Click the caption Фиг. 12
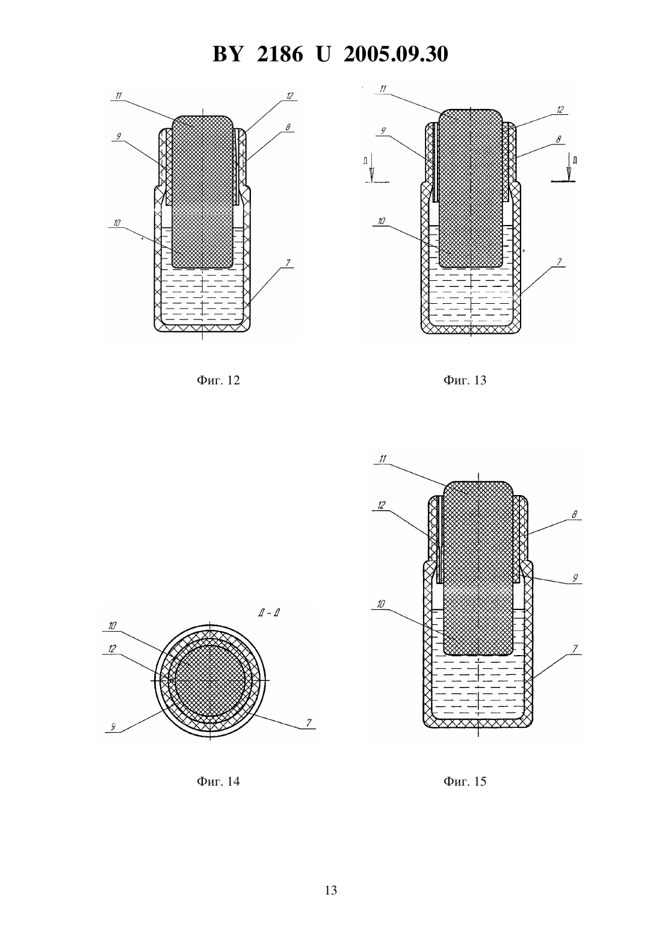[x=218, y=380]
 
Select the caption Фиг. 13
[x=465, y=380]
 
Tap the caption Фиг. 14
[x=218, y=781]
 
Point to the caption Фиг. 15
[x=465, y=781]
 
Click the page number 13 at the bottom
[x=330, y=890]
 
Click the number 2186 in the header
[x=280, y=54]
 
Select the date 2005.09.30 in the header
[x=396, y=54]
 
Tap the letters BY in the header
[x=227, y=54]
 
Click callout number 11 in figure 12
[x=119, y=96]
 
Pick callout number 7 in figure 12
[x=288, y=263]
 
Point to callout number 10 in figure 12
[x=117, y=223]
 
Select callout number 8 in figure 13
[x=558, y=140]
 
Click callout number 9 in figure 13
[x=383, y=131]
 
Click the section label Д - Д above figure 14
[x=268, y=613]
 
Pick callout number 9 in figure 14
[x=113, y=727]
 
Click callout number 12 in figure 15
[x=381, y=505]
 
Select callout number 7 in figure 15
[x=575, y=648]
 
